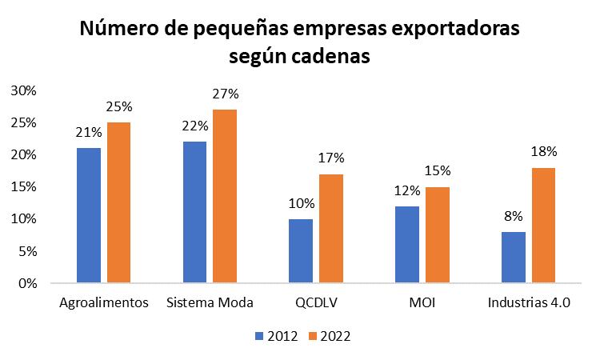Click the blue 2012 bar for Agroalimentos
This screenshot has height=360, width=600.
tap(88, 215)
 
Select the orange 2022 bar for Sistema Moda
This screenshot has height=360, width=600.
tap(225, 196)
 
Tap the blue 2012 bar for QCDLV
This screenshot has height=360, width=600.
tap(301, 250)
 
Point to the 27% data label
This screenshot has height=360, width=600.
tap(225, 94)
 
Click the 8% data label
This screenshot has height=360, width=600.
tap(513, 216)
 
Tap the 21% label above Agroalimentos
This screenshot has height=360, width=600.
tap(88, 132)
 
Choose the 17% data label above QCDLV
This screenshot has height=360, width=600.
tap(330, 158)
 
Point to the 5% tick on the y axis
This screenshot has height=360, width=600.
tap(26, 250)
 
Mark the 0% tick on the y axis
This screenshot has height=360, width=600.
tap(26, 282)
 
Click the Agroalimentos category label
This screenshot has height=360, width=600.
tap(104, 303)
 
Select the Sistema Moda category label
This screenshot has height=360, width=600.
tap(210, 303)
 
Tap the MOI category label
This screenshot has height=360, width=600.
tap(422, 303)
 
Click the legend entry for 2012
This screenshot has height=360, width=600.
tap(277, 336)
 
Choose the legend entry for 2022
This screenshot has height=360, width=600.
tap(326, 336)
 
